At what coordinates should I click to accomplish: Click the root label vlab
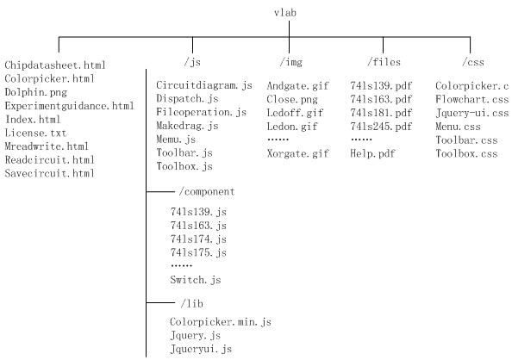tap(285, 13)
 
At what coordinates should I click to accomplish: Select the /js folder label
tap(192, 62)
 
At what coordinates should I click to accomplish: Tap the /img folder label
tap(291, 62)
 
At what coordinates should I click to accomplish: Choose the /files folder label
tap(384, 62)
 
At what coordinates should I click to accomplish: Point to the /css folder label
tap(473, 62)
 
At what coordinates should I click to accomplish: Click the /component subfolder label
tap(207, 191)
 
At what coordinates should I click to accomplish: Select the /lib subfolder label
tap(191, 303)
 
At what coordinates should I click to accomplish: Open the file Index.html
tap(33, 119)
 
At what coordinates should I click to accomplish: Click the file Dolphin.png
tap(36, 92)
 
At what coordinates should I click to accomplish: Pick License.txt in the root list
tap(35, 133)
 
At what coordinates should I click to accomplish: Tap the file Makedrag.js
tap(187, 126)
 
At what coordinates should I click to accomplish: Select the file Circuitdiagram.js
tap(204, 85)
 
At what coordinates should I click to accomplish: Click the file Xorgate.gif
tap(297, 153)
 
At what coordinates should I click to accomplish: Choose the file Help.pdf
tap(372, 153)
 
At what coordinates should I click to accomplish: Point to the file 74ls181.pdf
tap(381, 113)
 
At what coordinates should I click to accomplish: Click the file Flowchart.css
tap(471, 99)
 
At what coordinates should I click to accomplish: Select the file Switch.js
tap(196, 280)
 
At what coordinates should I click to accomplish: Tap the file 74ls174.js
tap(198, 239)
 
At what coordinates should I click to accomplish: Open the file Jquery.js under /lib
tap(196, 336)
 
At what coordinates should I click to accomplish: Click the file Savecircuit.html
tap(50, 173)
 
